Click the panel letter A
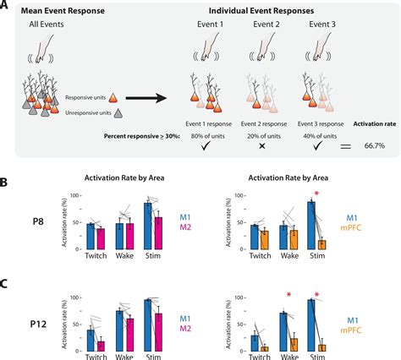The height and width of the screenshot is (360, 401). tap(8, 7)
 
